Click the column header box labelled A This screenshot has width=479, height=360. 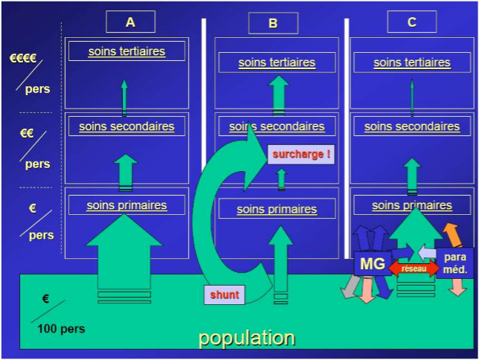point(130,22)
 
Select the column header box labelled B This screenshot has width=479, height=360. point(273,23)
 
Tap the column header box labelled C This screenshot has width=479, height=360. point(411,22)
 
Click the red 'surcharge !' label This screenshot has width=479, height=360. point(300,155)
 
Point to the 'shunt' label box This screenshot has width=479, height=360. point(225,295)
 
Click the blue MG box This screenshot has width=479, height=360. point(372,263)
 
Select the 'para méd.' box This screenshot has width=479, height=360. point(454,263)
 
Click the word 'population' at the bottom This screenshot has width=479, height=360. point(246,338)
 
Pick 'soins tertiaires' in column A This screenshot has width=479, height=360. point(126,51)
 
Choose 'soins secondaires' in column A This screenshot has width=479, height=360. point(126,126)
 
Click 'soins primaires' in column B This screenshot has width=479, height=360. point(277,209)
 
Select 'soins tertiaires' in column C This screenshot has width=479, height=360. point(412,62)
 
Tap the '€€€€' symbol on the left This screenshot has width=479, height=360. point(23,58)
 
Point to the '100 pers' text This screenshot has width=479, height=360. point(62,328)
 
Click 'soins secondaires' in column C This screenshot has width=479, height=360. point(412,127)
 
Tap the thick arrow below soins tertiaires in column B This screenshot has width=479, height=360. point(278,94)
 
